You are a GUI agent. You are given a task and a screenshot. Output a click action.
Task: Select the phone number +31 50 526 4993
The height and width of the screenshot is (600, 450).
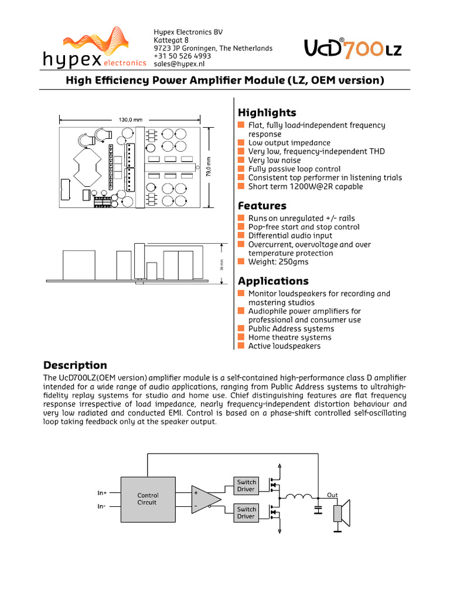pyautogui.click(x=182, y=56)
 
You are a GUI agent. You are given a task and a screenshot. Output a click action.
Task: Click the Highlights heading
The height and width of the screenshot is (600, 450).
pyautogui.click(x=267, y=112)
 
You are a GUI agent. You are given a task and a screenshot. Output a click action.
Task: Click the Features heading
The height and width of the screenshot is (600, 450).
pyautogui.click(x=262, y=206)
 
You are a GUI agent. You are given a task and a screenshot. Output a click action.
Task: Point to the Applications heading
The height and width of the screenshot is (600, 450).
pyautogui.click(x=272, y=281)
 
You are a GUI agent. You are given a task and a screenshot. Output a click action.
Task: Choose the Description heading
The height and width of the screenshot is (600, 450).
pyautogui.click(x=76, y=366)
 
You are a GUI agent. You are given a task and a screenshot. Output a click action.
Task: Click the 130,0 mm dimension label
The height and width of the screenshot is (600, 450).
pyautogui.click(x=131, y=120)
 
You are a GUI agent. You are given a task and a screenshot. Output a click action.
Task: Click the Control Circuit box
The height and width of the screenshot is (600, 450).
pyautogui.click(x=147, y=499)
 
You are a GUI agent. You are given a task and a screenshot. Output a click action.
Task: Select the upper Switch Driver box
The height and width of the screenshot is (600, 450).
pyautogui.click(x=246, y=486)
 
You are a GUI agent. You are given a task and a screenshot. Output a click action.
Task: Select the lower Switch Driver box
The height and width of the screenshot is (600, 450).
pyautogui.click(x=246, y=513)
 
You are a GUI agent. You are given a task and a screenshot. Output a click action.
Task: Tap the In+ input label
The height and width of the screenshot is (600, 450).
pyautogui.click(x=102, y=493)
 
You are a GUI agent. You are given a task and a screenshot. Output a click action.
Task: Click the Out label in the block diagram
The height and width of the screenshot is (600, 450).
pyautogui.click(x=332, y=495)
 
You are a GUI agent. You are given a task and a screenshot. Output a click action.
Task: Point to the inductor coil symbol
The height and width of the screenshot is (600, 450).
pyautogui.click(x=299, y=498)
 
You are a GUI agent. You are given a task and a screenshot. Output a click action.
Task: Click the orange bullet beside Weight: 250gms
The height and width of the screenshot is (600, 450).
pyautogui.click(x=241, y=262)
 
